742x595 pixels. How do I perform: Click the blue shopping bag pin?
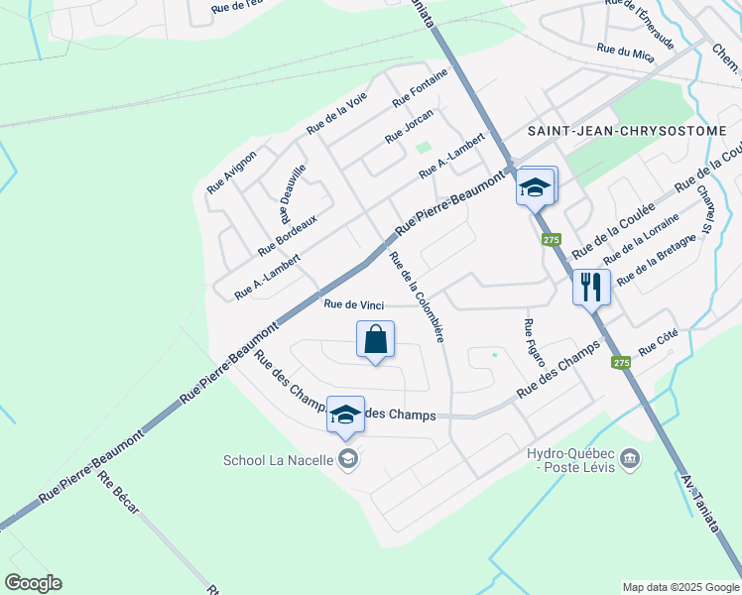376,340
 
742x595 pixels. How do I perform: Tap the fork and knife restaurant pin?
591,288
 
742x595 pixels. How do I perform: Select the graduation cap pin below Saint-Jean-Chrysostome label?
536,185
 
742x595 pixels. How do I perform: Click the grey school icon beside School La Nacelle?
347,458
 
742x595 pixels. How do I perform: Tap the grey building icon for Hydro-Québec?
629,458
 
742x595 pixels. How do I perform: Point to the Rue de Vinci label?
354,304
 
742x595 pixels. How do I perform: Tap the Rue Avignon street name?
232,172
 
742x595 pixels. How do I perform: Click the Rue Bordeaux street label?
287,235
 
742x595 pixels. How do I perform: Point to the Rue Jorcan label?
410,125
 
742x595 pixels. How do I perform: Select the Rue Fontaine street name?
420,88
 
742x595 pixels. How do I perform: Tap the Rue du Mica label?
625,52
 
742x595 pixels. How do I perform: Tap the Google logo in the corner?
33,583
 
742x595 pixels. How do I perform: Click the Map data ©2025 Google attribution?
680,587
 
